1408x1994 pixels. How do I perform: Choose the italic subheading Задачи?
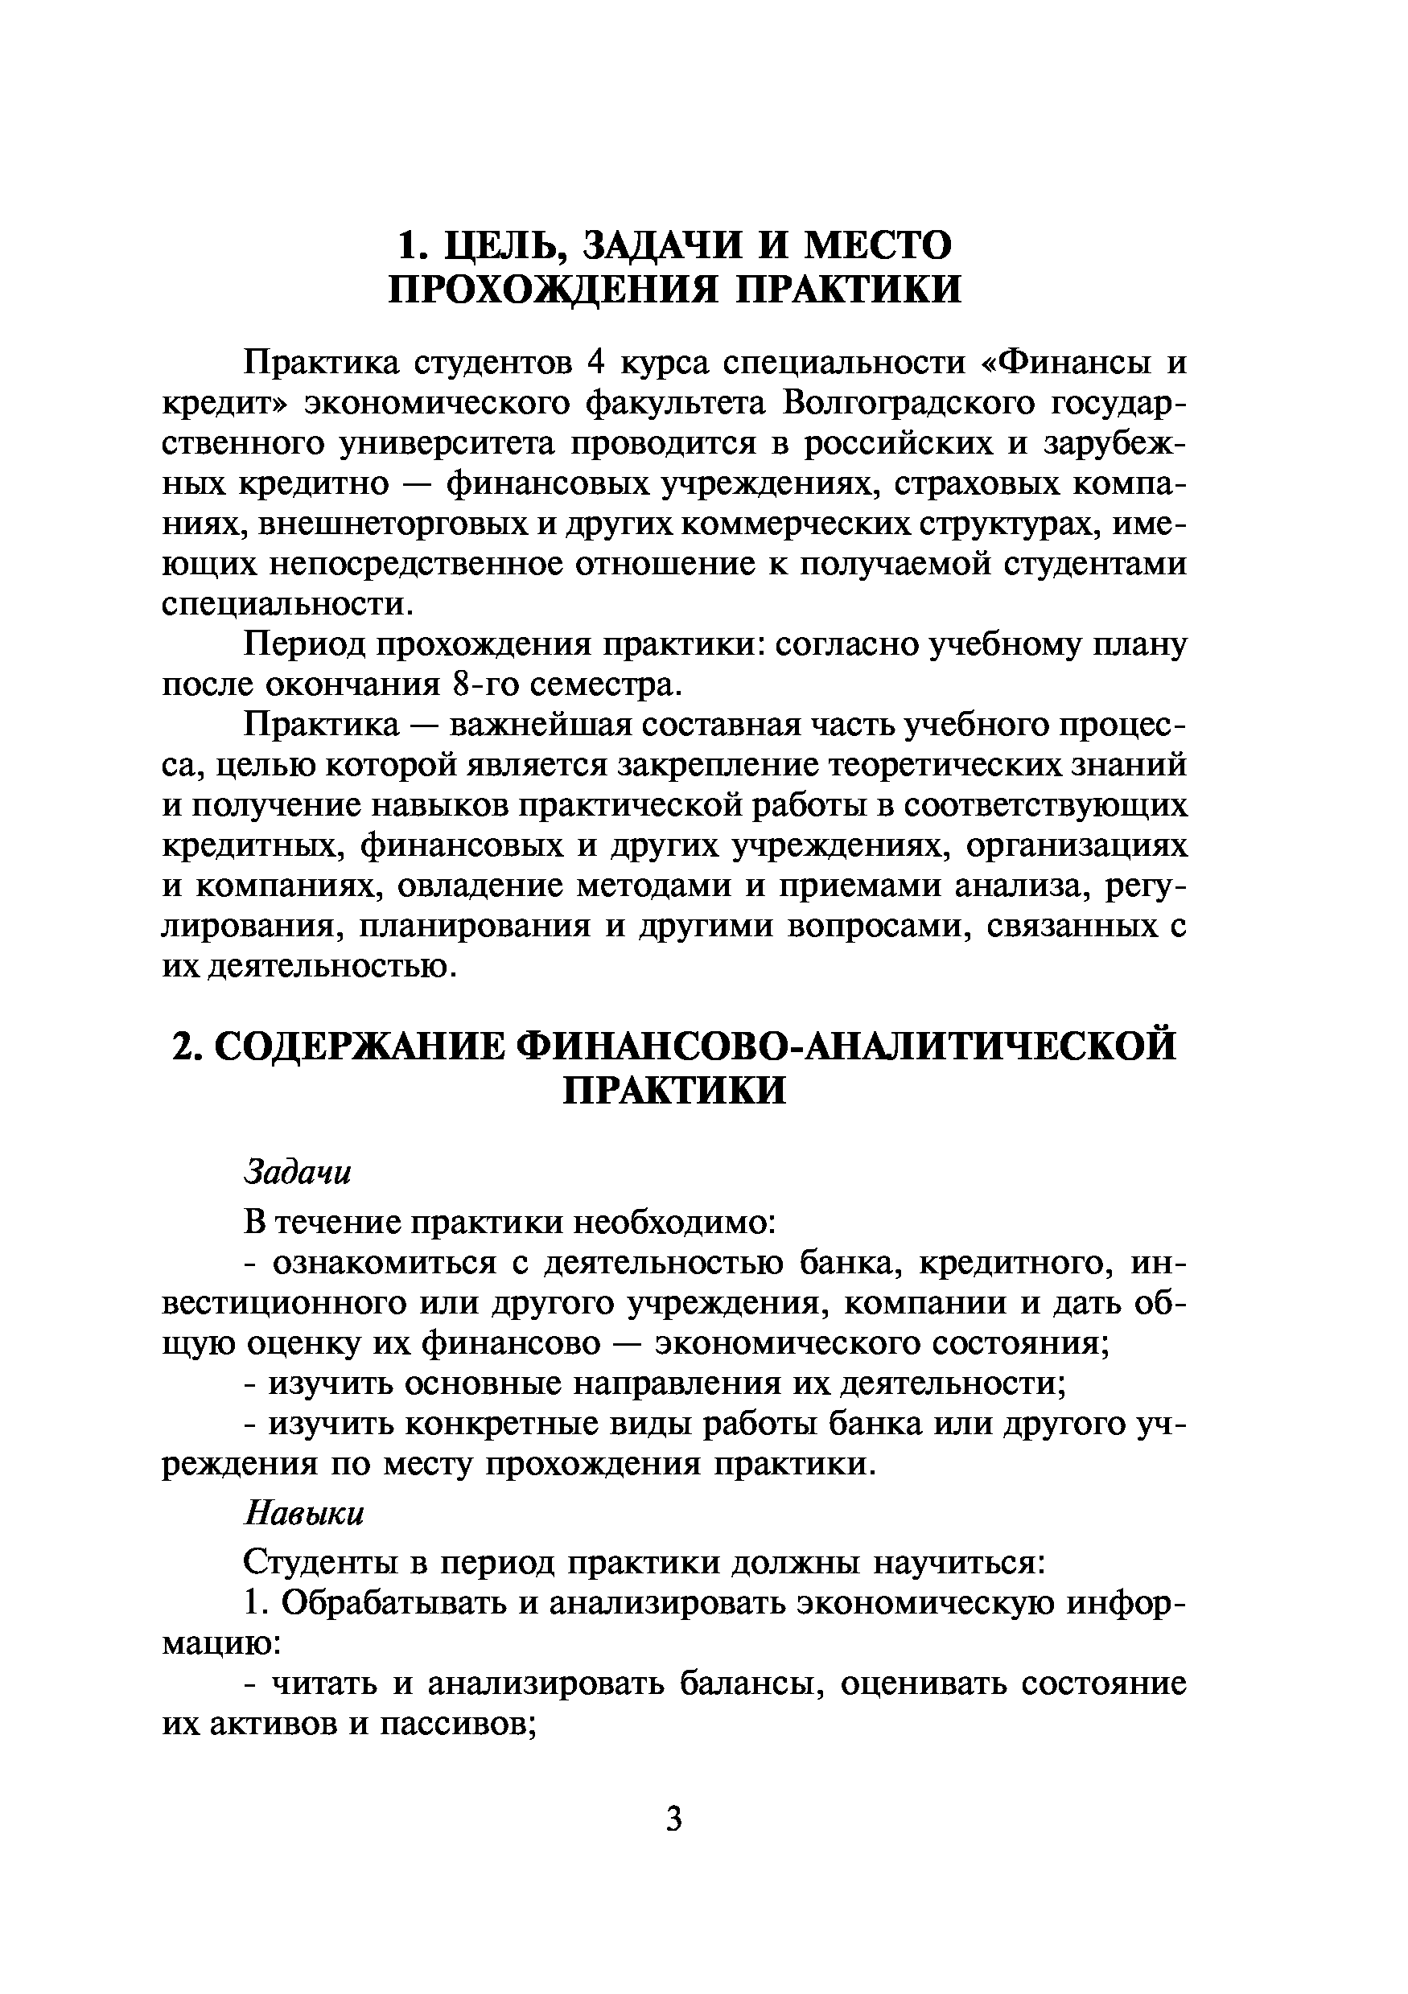click(297, 1173)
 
